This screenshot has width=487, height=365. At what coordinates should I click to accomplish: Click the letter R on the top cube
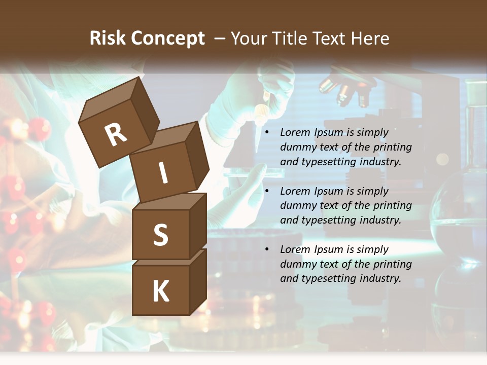(x=116, y=134)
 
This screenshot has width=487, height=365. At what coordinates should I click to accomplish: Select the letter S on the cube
(x=160, y=235)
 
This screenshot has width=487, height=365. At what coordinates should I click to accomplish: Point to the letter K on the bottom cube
(x=160, y=291)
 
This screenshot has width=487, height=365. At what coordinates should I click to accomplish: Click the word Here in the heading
(x=369, y=38)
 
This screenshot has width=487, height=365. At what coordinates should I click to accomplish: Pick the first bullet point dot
(x=266, y=133)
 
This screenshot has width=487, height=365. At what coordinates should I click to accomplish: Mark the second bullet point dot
(x=266, y=192)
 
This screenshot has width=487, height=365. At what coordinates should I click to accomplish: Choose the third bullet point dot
(x=266, y=250)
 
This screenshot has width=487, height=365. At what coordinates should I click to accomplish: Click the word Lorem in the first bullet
(x=295, y=132)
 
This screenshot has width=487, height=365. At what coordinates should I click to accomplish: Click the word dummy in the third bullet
(x=297, y=264)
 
